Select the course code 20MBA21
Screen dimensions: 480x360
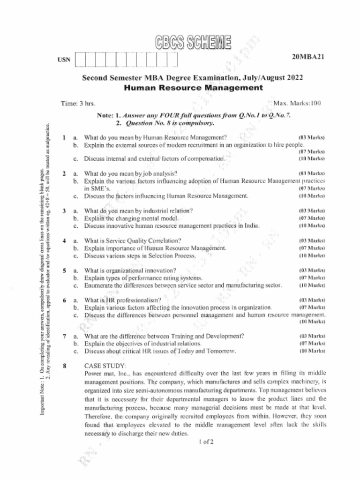tap(308, 57)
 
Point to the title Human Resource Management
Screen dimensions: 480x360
tap(193, 88)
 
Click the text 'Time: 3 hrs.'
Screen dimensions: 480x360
tap(78, 103)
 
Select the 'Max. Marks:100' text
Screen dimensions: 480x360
tap(297, 103)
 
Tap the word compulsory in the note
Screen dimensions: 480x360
tap(199, 124)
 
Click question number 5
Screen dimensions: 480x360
tap(64, 270)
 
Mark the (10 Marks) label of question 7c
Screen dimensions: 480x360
tap(312, 351)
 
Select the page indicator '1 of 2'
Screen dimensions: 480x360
tap(206, 442)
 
